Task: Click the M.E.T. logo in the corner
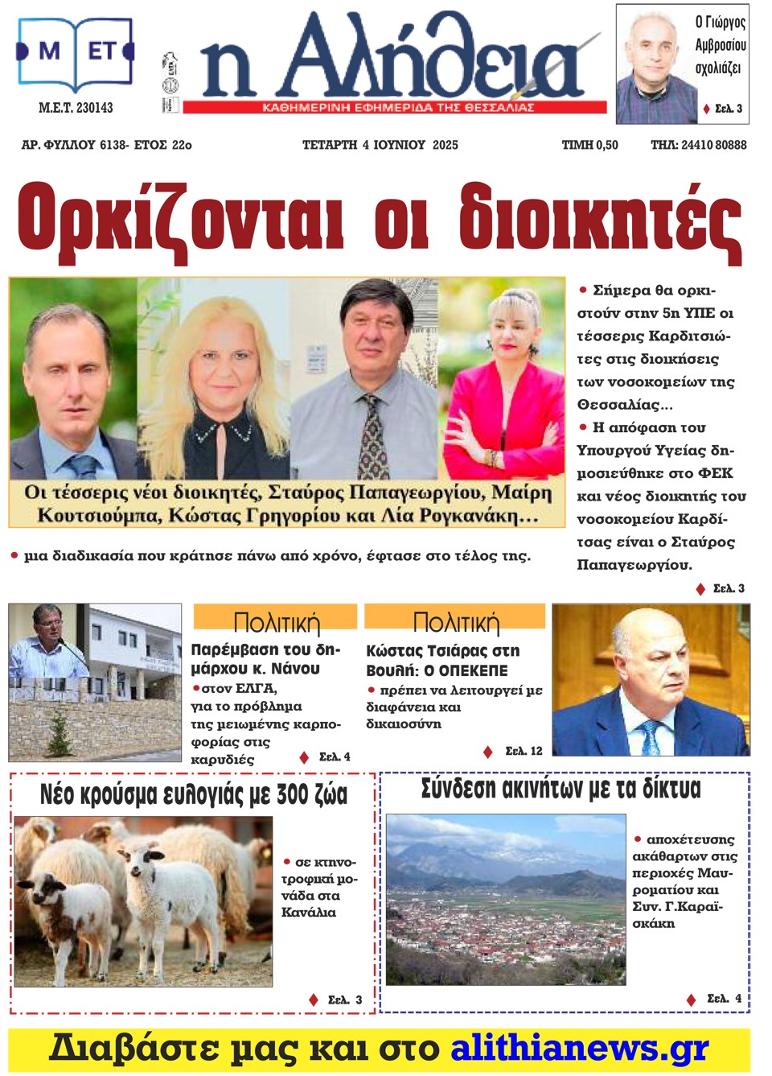point(75,54)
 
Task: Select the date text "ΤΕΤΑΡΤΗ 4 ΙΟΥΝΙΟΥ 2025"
point(380,145)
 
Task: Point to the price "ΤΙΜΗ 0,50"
point(589,145)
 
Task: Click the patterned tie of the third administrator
point(372,439)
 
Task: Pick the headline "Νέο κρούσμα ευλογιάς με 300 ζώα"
point(194,795)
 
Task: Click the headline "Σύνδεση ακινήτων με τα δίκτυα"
point(561,789)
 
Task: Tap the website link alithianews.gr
point(579,1049)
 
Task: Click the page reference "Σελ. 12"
point(524,751)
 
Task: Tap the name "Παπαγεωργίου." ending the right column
point(634,565)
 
